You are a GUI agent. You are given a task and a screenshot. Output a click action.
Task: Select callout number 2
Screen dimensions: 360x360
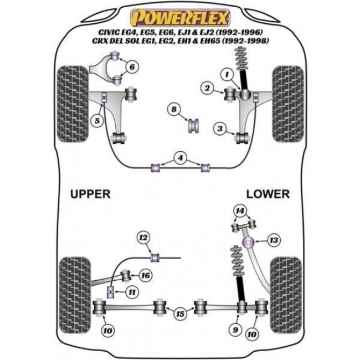[x=207, y=88]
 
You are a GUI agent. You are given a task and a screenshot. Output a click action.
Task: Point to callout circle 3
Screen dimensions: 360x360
[x=221, y=130]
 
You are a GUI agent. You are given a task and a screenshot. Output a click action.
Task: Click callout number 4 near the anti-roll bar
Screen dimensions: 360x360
[x=179, y=158]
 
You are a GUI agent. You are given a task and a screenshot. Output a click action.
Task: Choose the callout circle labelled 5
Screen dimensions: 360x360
[x=97, y=120]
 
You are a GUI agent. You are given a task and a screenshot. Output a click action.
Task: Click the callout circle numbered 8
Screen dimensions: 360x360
[x=175, y=111]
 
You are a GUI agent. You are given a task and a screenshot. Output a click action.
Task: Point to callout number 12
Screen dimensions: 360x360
[x=143, y=238]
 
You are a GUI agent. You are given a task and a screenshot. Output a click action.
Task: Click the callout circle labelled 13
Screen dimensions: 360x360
[x=273, y=240]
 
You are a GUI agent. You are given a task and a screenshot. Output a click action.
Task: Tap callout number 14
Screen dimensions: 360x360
[x=239, y=210]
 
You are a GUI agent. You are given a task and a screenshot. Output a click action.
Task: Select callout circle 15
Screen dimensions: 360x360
[x=180, y=314]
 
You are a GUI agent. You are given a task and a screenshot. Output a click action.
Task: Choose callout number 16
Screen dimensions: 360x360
[x=146, y=275]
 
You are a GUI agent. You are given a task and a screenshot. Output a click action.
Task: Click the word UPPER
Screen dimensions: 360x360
[x=90, y=194]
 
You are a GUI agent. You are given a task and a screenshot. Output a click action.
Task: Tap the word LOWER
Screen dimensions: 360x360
[x=268, y=194]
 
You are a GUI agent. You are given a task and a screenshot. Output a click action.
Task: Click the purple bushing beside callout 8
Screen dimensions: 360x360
[x=194, y=125]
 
